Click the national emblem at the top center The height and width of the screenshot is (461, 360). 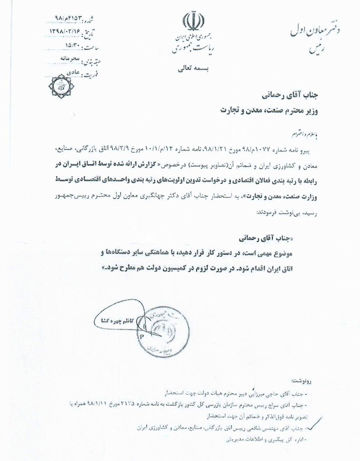point(190,21)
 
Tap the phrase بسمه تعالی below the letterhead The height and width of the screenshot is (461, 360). point(191,67)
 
